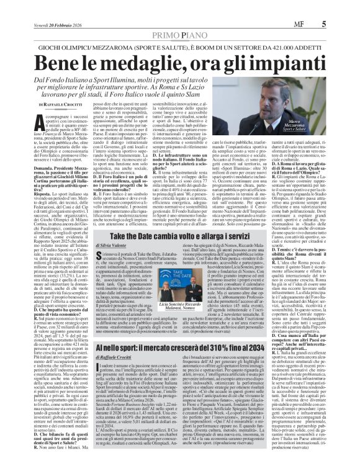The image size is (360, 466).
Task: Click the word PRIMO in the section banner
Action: [160, 19]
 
